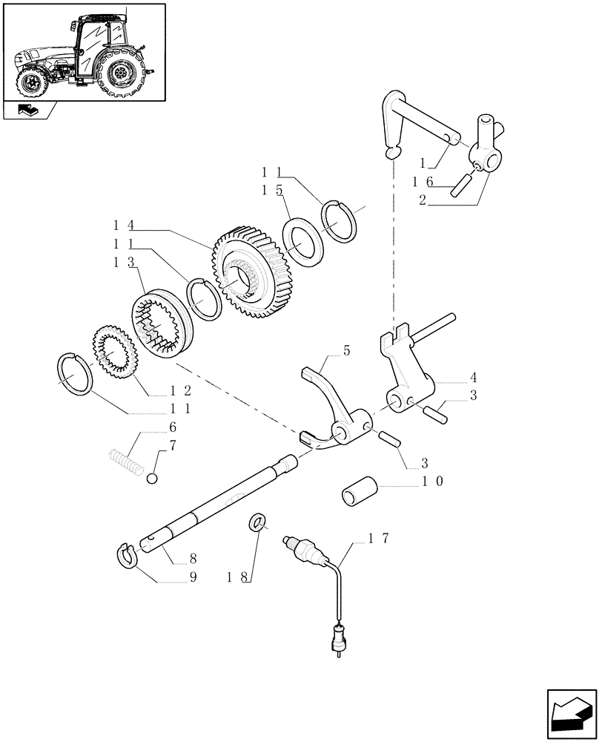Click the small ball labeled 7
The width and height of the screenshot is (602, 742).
coord(152,478)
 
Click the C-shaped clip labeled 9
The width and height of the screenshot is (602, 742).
coord(128,556)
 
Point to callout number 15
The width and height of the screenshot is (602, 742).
coord(269,190)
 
